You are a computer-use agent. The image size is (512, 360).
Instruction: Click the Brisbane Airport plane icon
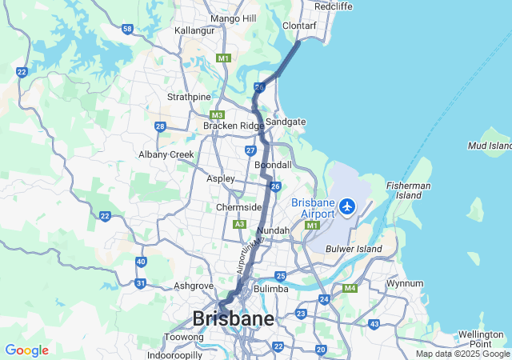pos(347,207)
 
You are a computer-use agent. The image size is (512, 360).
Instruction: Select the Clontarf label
pos(300,26)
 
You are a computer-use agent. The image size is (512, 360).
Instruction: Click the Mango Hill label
pos(233,18)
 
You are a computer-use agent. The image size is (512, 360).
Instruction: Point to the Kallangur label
pos(195,30)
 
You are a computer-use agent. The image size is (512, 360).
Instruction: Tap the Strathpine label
pos(188,97)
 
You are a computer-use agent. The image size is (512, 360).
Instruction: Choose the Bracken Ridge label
pos(233,126)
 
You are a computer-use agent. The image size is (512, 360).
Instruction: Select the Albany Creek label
pos(166,154)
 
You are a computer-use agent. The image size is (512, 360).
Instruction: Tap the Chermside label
pos(239,207)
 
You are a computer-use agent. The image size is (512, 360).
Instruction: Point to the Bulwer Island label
pos(354,250)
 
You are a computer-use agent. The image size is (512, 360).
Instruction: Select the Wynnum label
pos(404,283)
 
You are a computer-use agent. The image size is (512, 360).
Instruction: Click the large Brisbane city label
pos(233,318)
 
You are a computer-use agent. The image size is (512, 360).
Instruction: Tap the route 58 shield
pos(128,29)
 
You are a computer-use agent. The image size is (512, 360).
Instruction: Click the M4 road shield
pos(350,288)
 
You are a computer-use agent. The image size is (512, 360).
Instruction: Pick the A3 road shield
pos(239,225)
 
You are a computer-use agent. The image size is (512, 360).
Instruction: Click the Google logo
pos(26,350)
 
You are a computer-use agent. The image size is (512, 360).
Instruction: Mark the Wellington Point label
pos(480,338)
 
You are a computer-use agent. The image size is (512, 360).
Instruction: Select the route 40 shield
pos(141,262)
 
